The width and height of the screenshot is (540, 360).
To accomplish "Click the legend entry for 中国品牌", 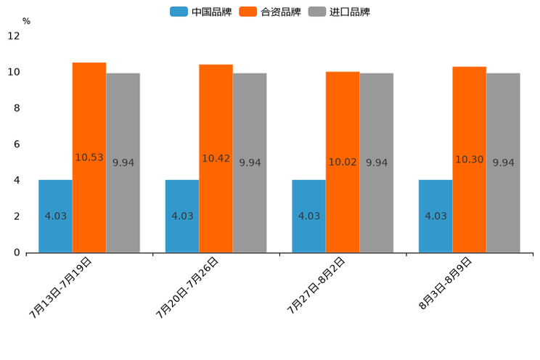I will (201, 12).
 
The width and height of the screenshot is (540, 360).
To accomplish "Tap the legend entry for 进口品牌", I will (339, 12).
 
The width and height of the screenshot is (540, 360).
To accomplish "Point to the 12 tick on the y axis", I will (14, 36).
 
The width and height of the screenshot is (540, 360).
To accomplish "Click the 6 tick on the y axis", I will (17, 144).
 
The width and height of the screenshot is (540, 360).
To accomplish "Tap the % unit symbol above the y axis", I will (26, 21).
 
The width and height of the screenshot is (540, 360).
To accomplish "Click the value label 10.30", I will (469, 160).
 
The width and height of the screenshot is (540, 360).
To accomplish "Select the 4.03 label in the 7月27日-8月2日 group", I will (309, 216).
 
